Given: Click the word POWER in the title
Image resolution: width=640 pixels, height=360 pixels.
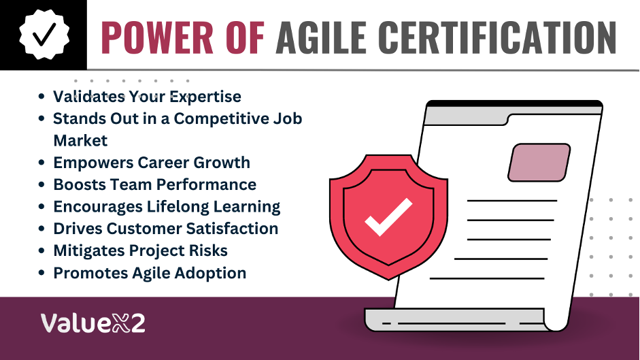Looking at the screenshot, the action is point(157,37).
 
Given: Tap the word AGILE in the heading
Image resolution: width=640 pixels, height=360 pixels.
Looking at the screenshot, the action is point(321,37).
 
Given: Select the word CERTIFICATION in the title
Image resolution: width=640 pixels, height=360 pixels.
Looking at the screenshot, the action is point(497,37).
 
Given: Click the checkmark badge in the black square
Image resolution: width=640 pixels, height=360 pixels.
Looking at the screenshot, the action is point(44,35).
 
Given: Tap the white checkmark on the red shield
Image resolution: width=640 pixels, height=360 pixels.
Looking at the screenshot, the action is point(388,217).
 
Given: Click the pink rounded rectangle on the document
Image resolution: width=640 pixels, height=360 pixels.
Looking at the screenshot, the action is point(539,162).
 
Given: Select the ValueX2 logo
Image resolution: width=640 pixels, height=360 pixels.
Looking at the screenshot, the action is point(92,323).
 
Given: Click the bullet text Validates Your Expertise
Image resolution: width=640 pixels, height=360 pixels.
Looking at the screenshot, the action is point(147,97).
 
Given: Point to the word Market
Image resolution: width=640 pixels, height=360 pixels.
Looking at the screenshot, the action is point(80,141).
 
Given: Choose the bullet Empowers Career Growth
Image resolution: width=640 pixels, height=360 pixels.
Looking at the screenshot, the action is point(152,163).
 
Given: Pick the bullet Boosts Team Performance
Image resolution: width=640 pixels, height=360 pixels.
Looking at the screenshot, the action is point(154,184).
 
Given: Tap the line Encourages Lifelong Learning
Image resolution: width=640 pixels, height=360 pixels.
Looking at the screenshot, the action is point(167,207).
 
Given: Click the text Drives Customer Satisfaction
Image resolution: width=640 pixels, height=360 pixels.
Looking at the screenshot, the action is point(166,229).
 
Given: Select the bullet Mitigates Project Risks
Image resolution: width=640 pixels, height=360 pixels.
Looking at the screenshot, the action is point(140,251).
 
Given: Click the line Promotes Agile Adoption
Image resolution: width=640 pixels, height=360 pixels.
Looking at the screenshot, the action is point(150,273).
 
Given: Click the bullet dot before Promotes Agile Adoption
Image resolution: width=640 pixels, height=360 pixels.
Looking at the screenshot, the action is point(41,273).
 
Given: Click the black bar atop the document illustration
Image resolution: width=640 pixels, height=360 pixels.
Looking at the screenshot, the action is point(514,104).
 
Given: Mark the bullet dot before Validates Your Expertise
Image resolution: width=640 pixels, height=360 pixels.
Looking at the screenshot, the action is point(41,97).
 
